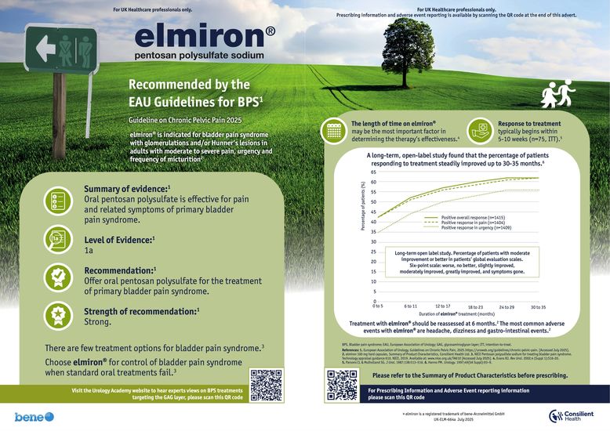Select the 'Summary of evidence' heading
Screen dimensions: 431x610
tap(127, 188)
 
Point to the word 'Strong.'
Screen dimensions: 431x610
tap(98, 321)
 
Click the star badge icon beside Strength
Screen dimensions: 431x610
tap(58, 315)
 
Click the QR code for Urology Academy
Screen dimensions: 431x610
tap(264, 384)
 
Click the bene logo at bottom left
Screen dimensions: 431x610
tap(34, 416)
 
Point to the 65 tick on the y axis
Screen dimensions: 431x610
tap(373, 172)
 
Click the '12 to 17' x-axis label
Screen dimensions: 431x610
tap(443, 305)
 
